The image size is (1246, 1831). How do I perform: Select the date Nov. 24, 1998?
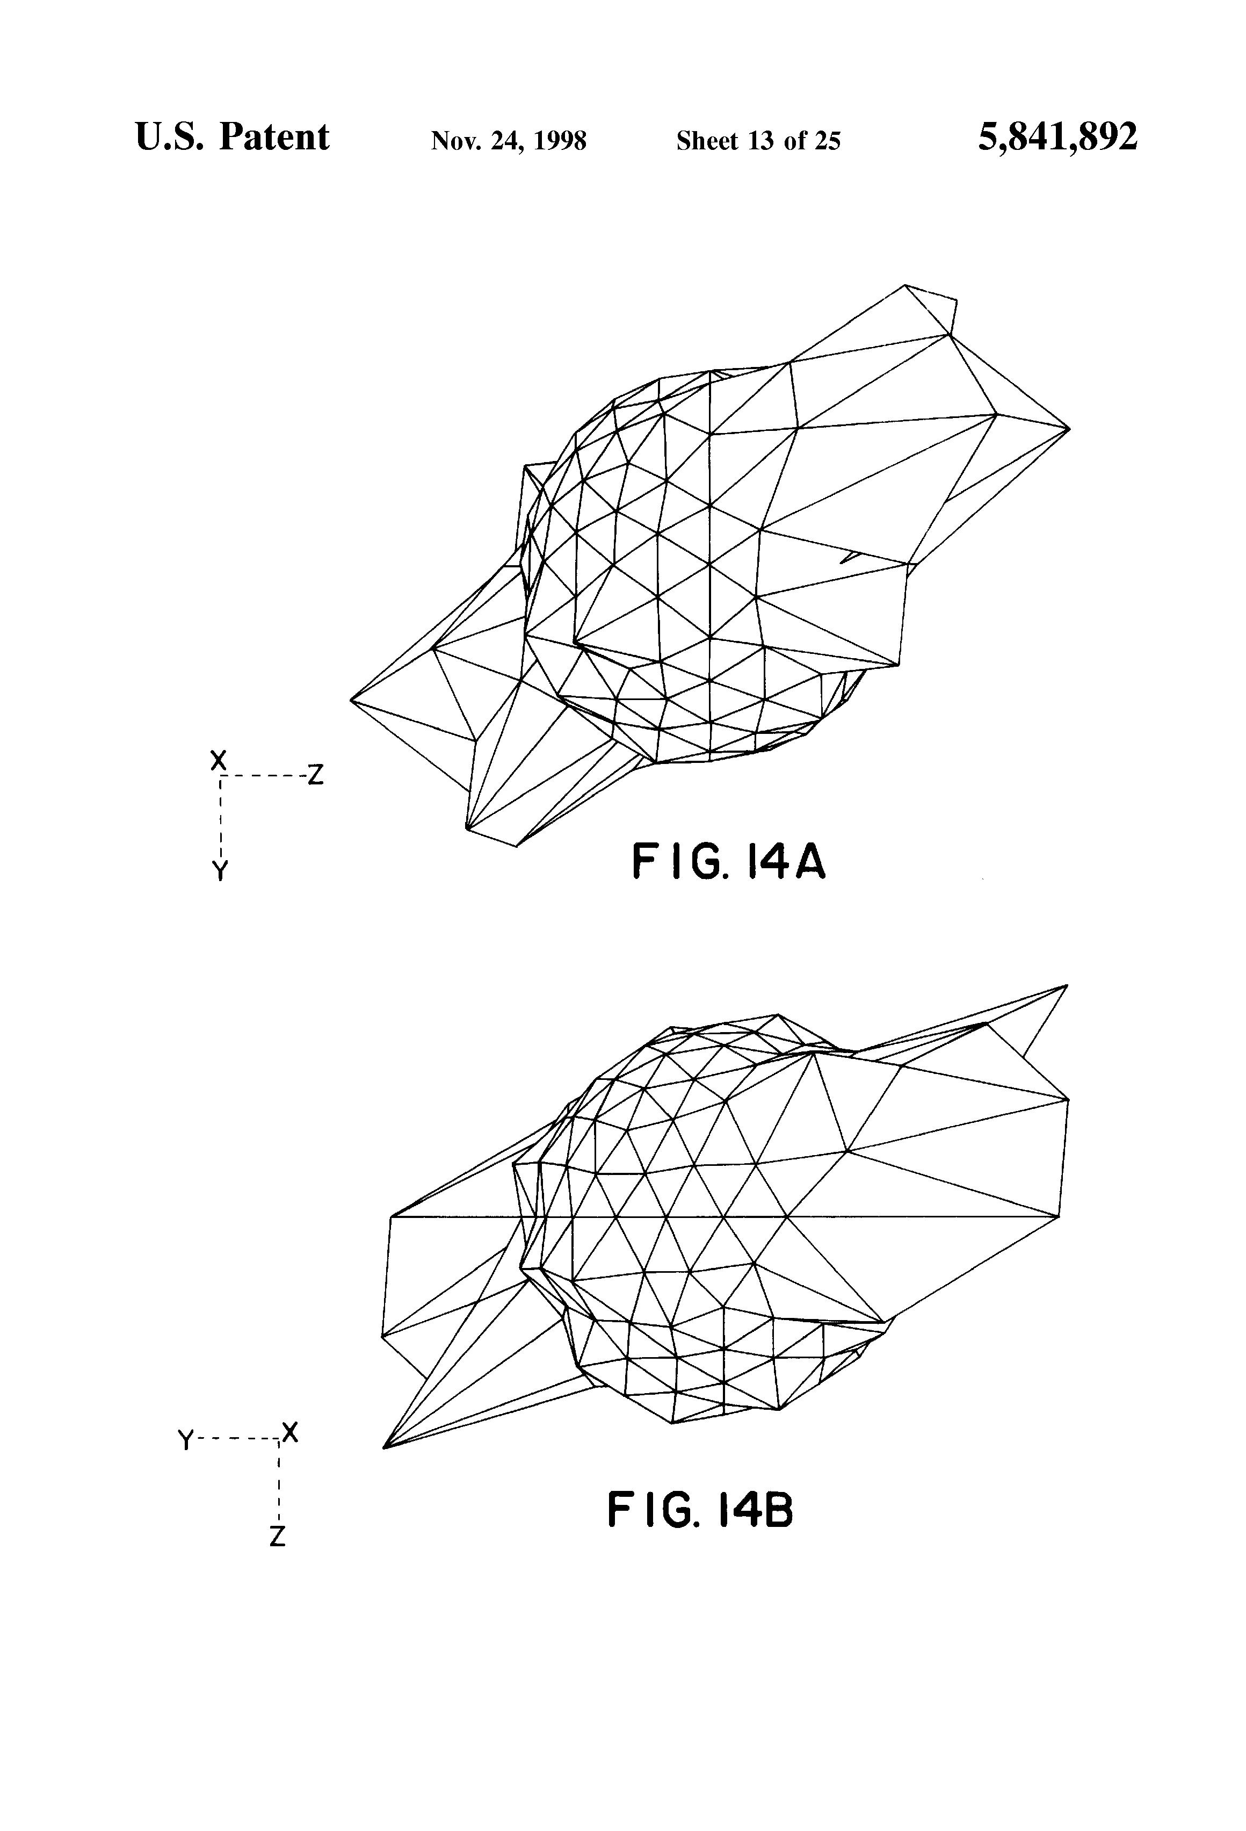click(x=508, y=141)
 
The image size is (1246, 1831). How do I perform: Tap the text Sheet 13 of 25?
click(x=758, y=141)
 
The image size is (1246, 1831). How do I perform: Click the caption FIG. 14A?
click(x=729, y=862)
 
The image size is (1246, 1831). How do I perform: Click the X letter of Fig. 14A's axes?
click(x=218, y=760)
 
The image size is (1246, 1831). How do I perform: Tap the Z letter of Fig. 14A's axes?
click(x=316, y=776)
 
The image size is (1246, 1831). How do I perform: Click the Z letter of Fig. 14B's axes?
click(x=277, y=1537)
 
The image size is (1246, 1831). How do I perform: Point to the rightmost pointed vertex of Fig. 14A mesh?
click(x=1069, y=429)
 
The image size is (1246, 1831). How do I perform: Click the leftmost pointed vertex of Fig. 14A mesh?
click(x=351, y=699)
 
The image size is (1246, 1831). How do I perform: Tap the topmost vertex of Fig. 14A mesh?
click(x=905, y=285)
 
